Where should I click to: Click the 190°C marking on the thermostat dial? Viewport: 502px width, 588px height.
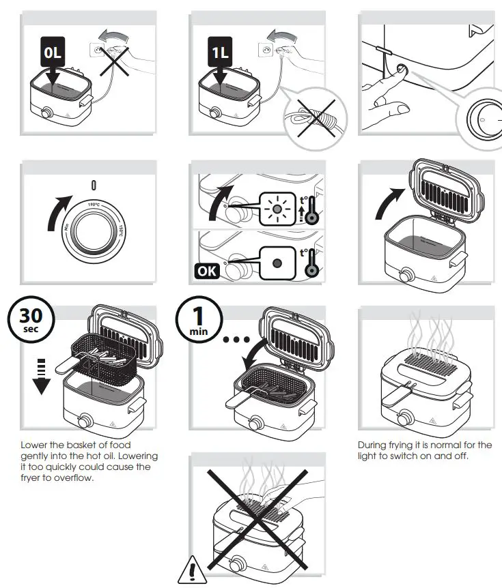click(94, 204)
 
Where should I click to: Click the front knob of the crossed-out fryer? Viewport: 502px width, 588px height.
click(237, 564)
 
